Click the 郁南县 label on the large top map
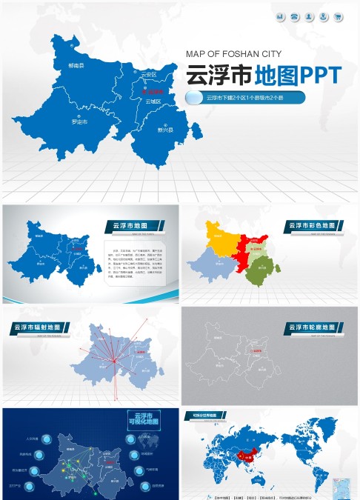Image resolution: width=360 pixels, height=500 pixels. [76, 66]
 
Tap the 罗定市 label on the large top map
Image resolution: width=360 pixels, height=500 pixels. [79, 120]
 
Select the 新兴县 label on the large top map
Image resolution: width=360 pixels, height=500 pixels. [164, 130]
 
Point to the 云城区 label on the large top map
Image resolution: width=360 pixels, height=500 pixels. [153, 101]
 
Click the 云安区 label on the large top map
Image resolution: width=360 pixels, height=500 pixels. [149, 75]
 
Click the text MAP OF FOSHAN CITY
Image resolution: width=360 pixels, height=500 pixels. [233, 53]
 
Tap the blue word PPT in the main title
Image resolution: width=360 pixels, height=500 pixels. [319, 75]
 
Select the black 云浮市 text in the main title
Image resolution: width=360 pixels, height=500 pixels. [218, 75]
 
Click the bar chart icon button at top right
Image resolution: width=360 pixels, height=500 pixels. [280, 16]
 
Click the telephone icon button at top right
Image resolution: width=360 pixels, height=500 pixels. [295, 16]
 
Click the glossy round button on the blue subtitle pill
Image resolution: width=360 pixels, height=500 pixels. [194, 98]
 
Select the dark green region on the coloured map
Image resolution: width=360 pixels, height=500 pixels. [260, 270]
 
